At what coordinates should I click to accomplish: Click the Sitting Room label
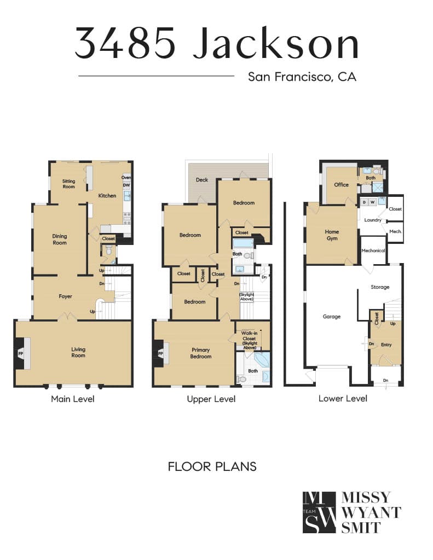pos(68,184)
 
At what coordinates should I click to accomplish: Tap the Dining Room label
pos(60,240)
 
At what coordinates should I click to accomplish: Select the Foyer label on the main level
pos(66,296)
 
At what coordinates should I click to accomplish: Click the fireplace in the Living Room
pos(22,353)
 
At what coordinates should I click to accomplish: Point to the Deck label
pos(202,179)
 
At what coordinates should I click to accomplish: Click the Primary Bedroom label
pos(201,353)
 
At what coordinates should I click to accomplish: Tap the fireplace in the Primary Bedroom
pos(161,353)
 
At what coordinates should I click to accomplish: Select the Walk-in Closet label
pos(249,340)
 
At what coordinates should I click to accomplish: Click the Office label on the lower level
pos(341,185)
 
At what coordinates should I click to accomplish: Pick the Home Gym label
pos(332,235)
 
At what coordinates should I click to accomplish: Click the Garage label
pos(331,317)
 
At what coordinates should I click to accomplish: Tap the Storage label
pos(380,287)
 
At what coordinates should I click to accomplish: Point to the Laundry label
pos(373,220)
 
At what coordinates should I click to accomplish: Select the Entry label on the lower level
pos(386,345)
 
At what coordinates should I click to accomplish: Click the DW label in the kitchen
pos(126,185)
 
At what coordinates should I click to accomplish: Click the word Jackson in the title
pos(276,43)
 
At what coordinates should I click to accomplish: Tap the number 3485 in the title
pos(125,43)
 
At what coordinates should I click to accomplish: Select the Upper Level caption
pos(211,399)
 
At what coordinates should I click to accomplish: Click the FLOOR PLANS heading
pos(212,466)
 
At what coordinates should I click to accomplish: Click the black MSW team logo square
pos(319,512)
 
